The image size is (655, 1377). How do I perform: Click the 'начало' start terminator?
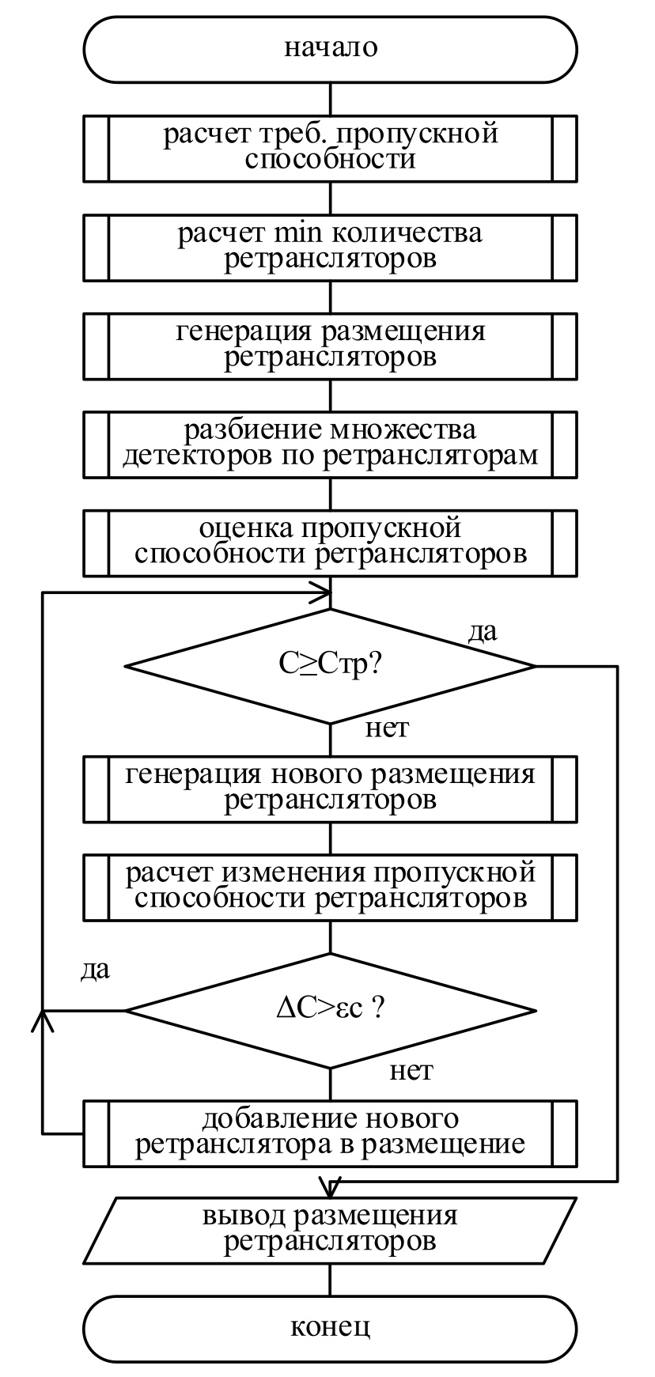[331, 48]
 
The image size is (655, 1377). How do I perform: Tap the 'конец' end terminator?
[331, 1326]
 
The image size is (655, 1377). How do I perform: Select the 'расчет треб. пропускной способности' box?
[331, 147]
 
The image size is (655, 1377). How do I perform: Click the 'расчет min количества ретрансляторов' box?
[331, 247]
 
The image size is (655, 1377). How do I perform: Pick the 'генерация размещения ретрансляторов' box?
[331, 345]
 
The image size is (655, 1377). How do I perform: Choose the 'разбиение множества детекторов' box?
[331, 444]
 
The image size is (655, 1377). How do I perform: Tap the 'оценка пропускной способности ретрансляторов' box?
[331, 542]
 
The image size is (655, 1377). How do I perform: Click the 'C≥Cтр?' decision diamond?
[331, 665]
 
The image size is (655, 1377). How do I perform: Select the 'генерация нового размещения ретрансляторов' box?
[331, 788]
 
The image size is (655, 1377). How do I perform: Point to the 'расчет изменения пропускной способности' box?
[331, 887]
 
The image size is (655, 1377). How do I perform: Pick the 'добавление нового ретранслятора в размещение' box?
[331, 1133]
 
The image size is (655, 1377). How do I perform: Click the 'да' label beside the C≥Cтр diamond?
[483, 632]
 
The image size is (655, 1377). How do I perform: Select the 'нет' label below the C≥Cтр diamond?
[387, 728]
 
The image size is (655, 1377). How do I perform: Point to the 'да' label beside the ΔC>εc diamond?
[95, 970]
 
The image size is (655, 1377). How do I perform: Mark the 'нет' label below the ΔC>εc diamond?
[411, 1072]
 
